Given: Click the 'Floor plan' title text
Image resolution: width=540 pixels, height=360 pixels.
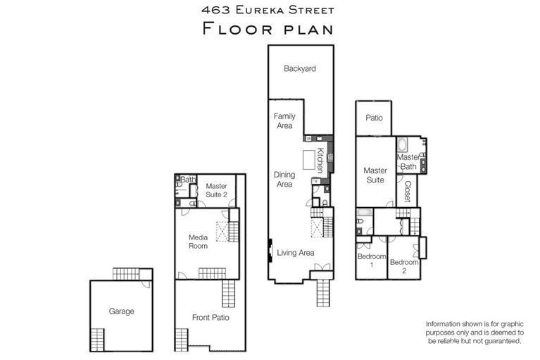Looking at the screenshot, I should pos(267,28).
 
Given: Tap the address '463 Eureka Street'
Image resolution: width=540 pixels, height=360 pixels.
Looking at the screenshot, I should pos(267,10).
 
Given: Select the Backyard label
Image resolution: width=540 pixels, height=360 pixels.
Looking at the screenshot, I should pos(299,69).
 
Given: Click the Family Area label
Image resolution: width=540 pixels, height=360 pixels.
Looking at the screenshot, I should pos(284,120).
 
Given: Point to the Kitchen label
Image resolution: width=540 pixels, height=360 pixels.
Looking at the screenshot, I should pos(319,161).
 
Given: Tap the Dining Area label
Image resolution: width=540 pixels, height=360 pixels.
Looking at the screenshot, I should pos(284,179).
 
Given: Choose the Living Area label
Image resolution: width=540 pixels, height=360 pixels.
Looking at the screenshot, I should pos(295,252).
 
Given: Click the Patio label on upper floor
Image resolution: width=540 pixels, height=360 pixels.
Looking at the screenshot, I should pos(374,118).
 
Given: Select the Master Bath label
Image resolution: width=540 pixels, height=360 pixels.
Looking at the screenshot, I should pos(408,161).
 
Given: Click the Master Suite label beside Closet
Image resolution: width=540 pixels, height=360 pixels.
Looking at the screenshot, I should pos(375,175).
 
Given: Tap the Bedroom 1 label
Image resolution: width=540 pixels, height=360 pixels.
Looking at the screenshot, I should pos(371,260).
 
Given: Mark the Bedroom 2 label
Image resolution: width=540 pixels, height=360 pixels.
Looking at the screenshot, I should pos(404,266).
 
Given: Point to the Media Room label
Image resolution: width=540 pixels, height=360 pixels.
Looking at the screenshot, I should pos(198,242).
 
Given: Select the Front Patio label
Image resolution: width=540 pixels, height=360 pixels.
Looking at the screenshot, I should pos(211,318).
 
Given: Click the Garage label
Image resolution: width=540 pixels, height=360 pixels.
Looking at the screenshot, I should pos(121,311).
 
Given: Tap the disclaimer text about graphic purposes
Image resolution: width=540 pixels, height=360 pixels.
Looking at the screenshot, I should pos(474,332).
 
